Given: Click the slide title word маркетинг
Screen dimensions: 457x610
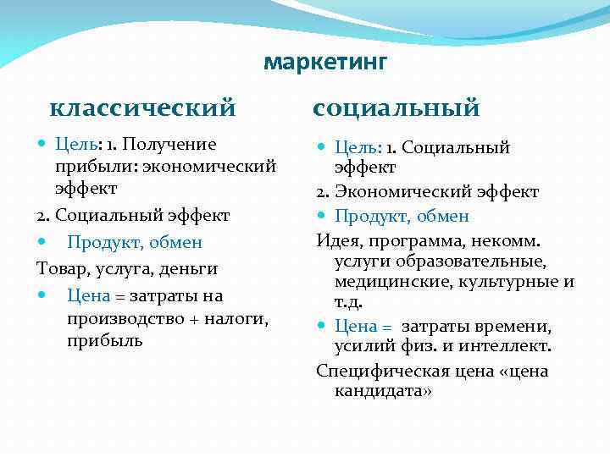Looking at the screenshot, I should coord(325,62).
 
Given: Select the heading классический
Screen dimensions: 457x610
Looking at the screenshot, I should coord(142,108).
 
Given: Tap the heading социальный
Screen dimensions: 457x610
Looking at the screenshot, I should coord(396,108).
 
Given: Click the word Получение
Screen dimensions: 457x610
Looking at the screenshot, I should coord(173,145).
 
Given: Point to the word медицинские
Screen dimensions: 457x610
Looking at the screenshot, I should coord(386,282).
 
